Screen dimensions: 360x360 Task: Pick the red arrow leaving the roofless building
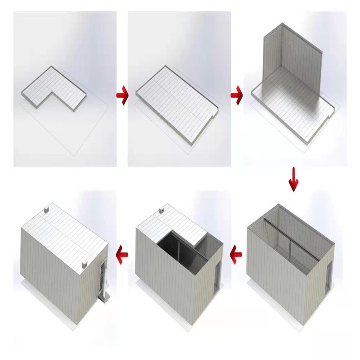coord(236,255)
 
